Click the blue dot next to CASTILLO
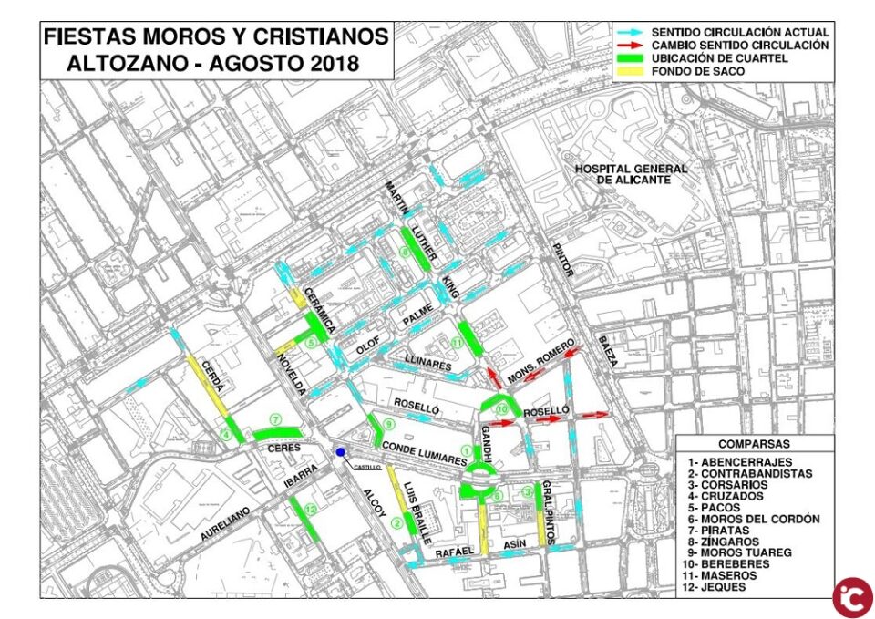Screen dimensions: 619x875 click(340, 453)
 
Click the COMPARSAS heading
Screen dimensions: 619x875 click(754, 444)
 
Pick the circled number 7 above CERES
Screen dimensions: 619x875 click(273, 418)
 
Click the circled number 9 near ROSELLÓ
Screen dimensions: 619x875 click(389, 425)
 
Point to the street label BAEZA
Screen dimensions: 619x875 click(606, 351)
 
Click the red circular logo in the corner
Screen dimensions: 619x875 click(851, 596)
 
